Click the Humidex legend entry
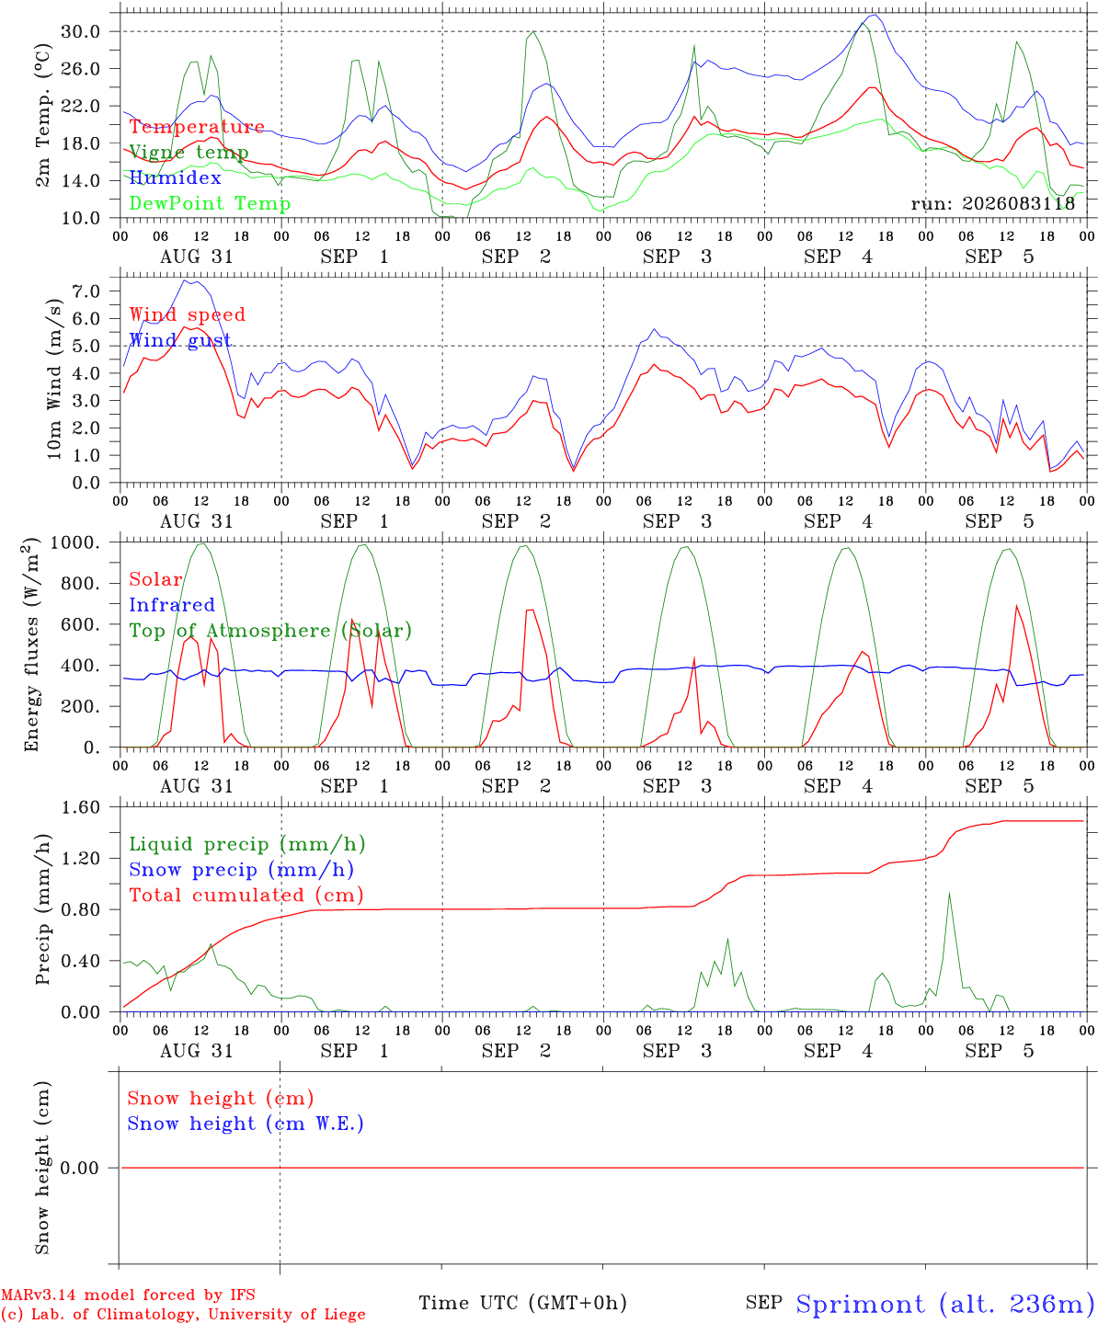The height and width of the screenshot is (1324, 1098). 175,177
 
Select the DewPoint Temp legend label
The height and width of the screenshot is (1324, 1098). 210,203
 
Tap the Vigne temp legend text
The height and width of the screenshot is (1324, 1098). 189,153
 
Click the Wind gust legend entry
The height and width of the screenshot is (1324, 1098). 180,340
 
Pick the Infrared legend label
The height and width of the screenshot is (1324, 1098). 172,604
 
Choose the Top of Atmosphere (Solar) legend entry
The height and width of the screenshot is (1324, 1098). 270,631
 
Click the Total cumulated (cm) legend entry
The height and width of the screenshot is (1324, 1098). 246,895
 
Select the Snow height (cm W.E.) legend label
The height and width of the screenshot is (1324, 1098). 246,1123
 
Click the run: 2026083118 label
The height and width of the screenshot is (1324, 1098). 992,203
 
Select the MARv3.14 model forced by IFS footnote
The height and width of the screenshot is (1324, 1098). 128,1295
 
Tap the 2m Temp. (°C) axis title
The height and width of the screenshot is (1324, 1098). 42,116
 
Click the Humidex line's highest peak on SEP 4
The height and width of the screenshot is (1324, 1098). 876,15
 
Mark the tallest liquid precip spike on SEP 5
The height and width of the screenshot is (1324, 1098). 949,893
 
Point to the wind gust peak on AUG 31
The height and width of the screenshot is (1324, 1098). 185,280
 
